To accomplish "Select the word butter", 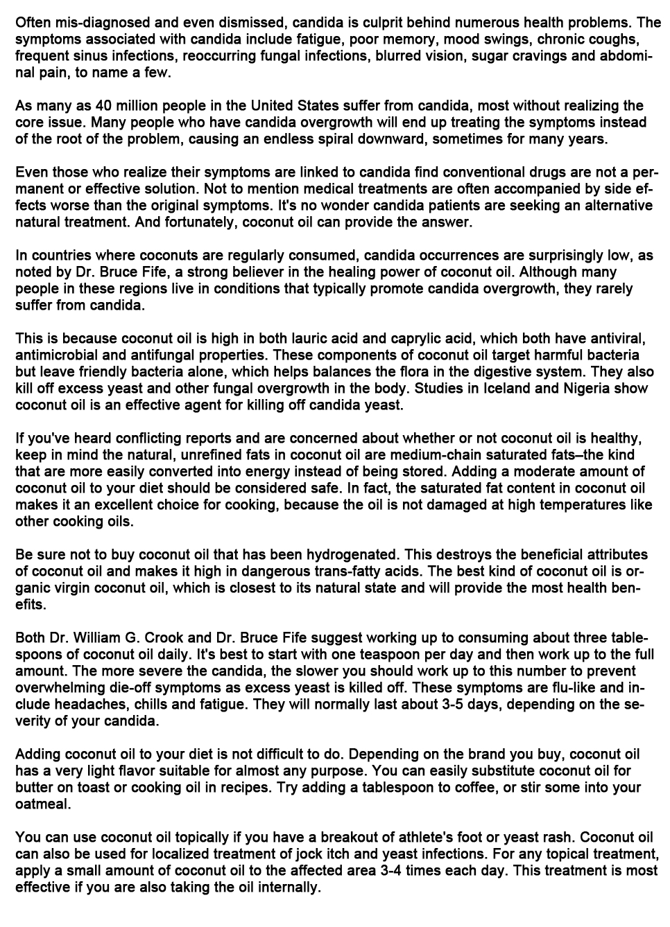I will [34, 788].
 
